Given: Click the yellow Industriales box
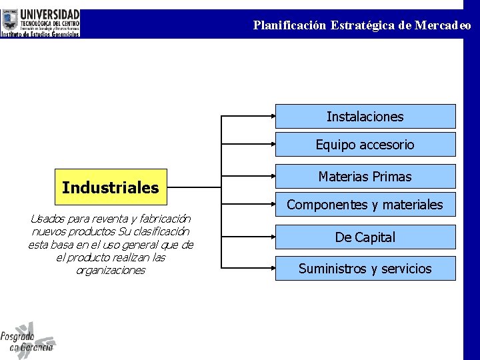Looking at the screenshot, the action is tap(111, 187).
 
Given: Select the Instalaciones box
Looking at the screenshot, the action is tap(365, 117).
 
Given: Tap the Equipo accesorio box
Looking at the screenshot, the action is tap(365, 145).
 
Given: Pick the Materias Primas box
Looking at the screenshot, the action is tap(365, 177).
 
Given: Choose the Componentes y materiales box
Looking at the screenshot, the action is tap(365, 205).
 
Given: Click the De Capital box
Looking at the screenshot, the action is tap(365, 237).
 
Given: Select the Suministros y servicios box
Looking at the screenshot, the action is tap(365, 269).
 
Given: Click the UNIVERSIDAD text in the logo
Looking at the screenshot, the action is tap(50, 15).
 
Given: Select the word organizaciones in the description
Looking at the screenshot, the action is tap(111, 270).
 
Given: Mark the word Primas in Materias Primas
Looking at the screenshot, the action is tap(392, 177).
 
